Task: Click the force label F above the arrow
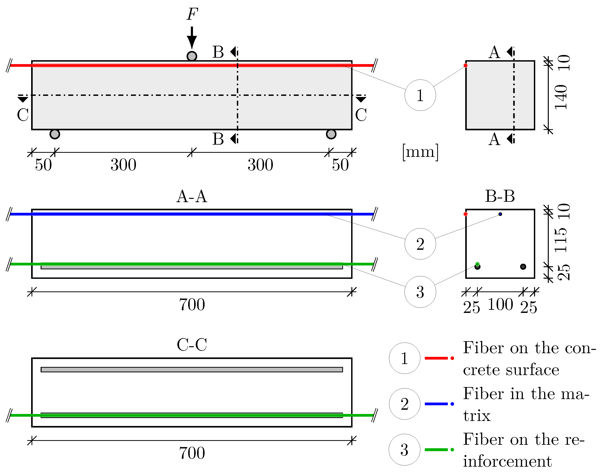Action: pos(192,15)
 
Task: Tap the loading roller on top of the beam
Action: pos(192,56)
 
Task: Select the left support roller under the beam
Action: pos(55,134)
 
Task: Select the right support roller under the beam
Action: pos(331,134)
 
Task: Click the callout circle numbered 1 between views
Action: pos(420,95)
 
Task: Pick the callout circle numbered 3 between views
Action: pos(420,292)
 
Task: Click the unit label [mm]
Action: pos(420,152)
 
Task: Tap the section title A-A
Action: pos(192,196)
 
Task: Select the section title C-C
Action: pos(192,345)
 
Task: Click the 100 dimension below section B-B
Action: pos(500,305)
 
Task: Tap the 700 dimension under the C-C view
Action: pos(192,453)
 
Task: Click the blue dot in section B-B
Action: pos(500,214)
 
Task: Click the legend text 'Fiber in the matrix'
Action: pos(526,404)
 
